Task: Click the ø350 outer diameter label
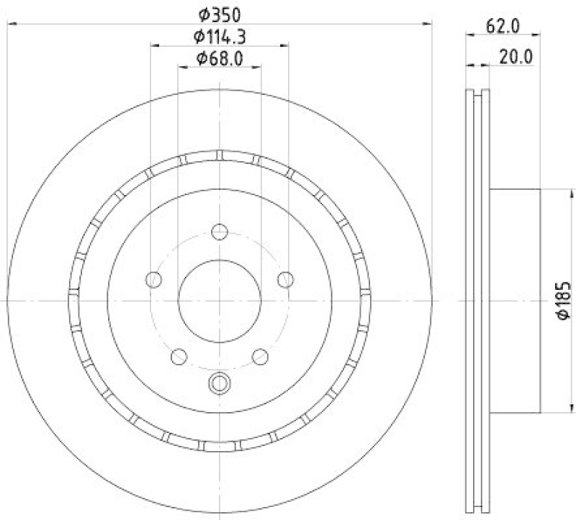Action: [219, 14]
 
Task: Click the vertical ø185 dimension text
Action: [563, 300]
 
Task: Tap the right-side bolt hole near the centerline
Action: [287, 278]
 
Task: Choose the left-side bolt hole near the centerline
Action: [153, 279]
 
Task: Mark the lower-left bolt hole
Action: [178, 355]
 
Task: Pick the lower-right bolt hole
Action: [261, 355]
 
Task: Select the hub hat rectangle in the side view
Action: [515, 300]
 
